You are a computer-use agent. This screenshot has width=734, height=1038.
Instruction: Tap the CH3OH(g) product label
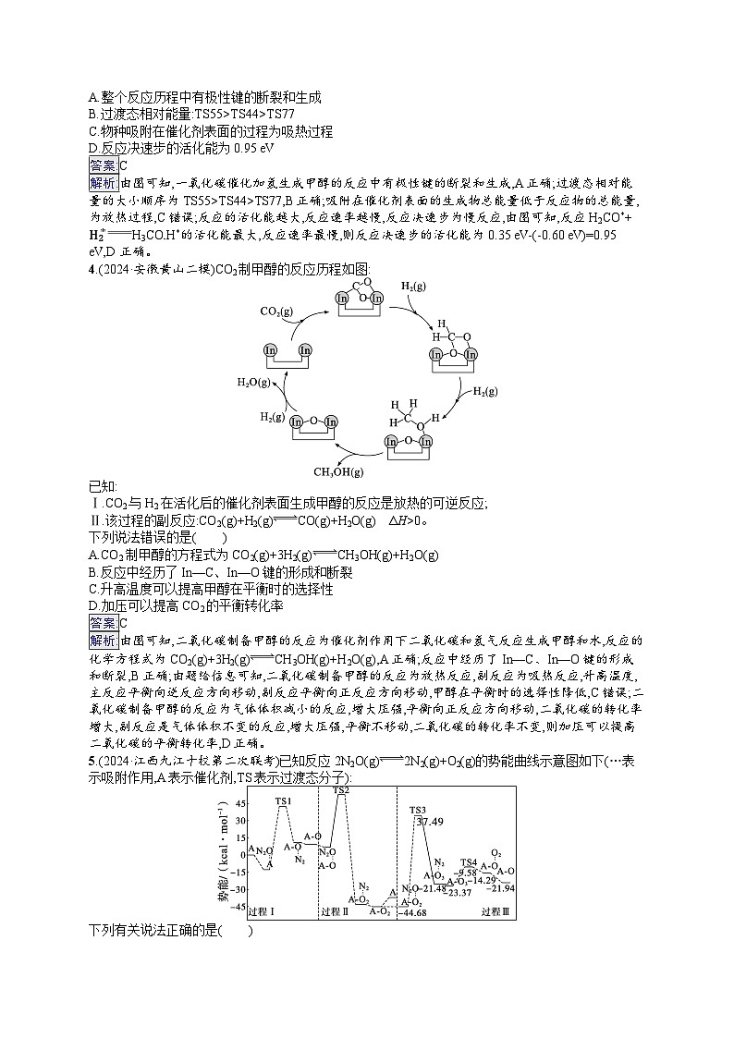(339, 472)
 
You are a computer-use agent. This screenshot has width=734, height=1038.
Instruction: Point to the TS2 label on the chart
(340, 790)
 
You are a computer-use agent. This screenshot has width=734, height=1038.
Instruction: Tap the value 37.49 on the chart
(430, 821)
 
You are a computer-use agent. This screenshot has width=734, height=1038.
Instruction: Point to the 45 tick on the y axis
(240, 804)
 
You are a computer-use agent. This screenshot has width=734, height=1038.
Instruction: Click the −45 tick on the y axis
(239, 908)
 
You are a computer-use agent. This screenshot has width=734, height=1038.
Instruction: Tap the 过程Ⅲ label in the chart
(495, 912)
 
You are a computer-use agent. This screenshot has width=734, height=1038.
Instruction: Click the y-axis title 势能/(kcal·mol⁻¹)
(221, 855)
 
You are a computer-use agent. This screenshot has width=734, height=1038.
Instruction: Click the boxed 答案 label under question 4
(103, 622)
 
